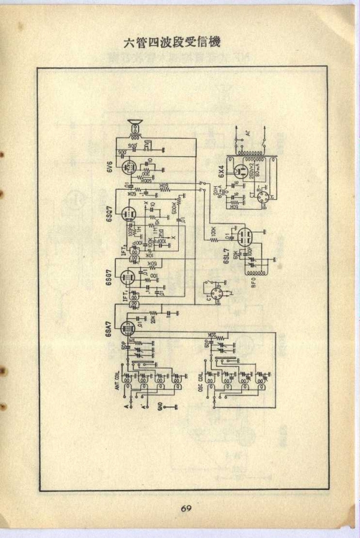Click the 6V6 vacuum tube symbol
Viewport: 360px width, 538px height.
click(x=128, y=166)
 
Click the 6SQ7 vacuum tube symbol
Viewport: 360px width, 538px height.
click(x=127, y=214)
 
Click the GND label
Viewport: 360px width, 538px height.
click(x=160, y=407)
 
